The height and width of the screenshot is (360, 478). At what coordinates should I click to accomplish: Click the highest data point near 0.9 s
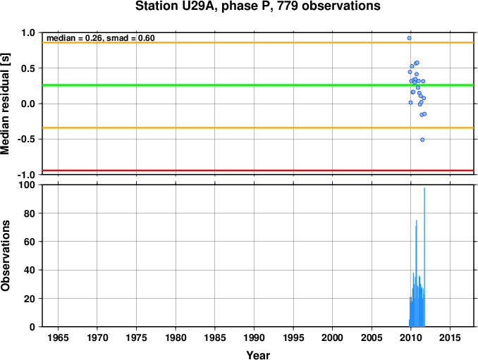coord(409,38)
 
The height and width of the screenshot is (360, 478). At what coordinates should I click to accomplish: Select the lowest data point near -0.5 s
coord(422,139)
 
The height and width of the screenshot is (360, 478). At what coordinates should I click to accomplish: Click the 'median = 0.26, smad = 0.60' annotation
coord(101,38)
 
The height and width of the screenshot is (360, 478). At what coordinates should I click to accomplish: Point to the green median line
coord(258,85)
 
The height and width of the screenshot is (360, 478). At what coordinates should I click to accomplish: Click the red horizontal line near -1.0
coord(258,170)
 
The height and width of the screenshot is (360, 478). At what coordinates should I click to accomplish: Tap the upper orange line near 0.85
coord(258,42)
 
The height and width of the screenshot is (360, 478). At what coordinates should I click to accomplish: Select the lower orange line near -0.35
coord(258,128)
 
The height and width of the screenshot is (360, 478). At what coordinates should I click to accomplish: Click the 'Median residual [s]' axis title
coord(6,104)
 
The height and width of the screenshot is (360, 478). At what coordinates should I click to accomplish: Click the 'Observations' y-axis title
coord(6,256)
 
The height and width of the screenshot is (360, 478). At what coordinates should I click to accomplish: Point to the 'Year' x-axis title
coord(258,355)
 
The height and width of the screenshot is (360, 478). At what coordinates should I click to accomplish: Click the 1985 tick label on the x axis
coord(215,337)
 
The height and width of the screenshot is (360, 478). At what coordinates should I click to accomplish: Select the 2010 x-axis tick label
coord(410,337)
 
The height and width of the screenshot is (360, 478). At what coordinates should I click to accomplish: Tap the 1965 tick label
coord(58,337)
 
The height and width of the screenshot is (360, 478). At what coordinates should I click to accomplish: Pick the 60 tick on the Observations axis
coord(30,242)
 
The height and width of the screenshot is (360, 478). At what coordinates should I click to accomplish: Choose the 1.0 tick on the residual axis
coord(28,32)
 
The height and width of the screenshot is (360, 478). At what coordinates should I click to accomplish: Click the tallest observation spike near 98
coord(424,257)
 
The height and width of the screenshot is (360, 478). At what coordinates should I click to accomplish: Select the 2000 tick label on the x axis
coord(332,337)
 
